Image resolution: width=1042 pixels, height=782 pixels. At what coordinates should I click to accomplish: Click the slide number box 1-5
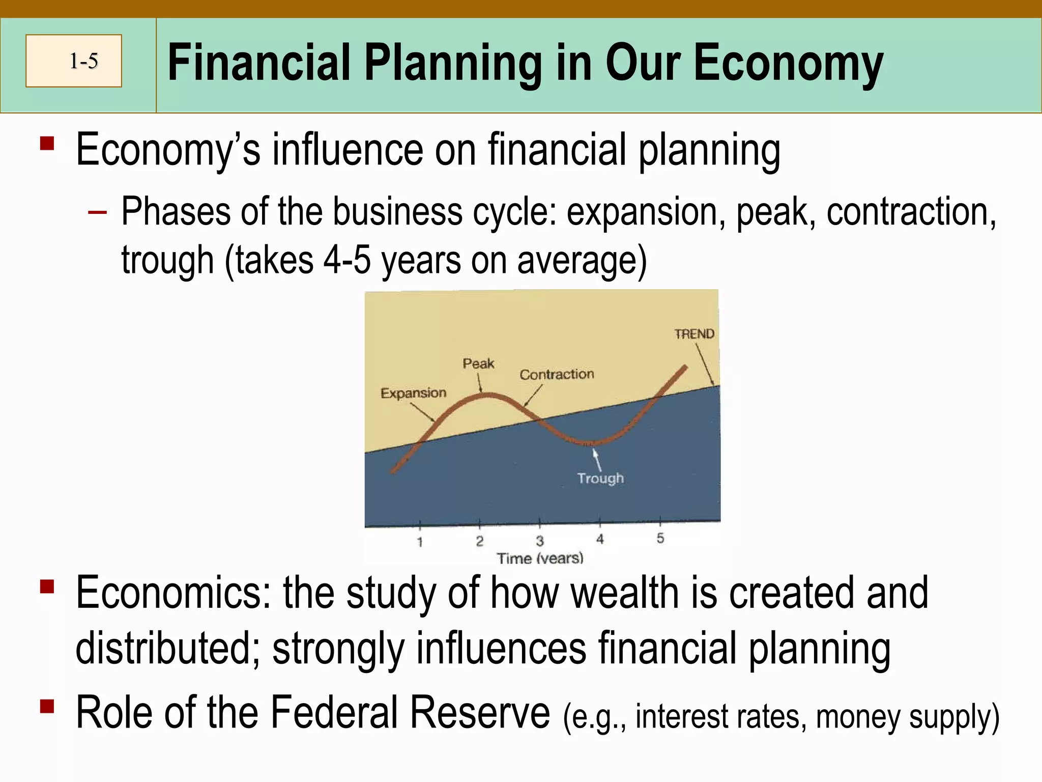pos(74,61)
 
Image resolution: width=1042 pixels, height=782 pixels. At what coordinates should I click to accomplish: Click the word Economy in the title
pos(788,63)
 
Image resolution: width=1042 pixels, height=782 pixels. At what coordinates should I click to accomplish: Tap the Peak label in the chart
pos(478,364)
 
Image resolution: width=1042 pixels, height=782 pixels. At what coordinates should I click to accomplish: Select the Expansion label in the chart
pos(413,393)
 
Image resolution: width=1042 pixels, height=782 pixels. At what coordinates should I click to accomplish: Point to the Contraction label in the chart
pos(557,374)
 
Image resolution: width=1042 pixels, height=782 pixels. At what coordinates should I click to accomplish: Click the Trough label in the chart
pos(600,478)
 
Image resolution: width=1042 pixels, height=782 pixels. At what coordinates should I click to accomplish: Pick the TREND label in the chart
pos(694,334)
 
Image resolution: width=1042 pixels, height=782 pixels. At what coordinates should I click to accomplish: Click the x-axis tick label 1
pos(420,542)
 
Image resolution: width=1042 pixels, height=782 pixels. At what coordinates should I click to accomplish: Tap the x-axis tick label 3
pos(540,541)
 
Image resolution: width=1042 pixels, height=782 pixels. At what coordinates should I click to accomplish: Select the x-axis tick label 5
pos(660,538)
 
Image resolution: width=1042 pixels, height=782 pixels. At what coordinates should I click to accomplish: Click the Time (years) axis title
pos(540,558)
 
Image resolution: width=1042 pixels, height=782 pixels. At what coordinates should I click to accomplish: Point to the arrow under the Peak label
pos(480,383)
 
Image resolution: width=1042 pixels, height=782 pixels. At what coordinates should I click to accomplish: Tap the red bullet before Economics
pos(47,587)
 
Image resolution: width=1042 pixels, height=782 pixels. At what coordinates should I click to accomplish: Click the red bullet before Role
pos(47,707)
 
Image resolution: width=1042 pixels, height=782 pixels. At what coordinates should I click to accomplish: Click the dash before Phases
pos(97,212)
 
